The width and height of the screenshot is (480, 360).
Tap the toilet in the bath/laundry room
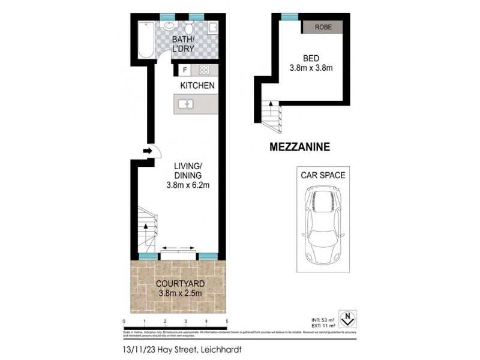[189, 28]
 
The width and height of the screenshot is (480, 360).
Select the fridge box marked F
[184, 70]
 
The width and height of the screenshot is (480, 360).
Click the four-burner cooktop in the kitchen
[203, 70]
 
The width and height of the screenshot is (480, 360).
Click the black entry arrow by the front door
[147, 152]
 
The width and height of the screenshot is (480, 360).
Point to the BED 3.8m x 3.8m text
[310, 63]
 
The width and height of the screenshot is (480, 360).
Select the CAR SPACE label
[322, 175]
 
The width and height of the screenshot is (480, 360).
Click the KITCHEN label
[197, 86]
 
